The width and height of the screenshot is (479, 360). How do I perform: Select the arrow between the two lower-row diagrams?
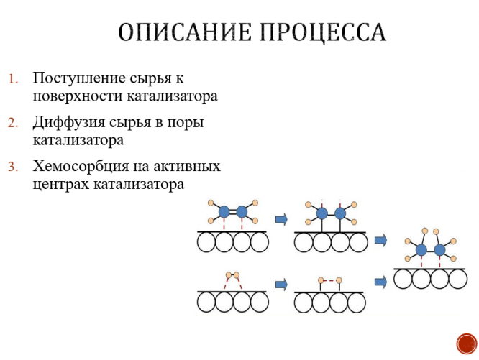281,285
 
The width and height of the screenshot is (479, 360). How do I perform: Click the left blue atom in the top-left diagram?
224,212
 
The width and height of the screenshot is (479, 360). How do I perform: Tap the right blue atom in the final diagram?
439,249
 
